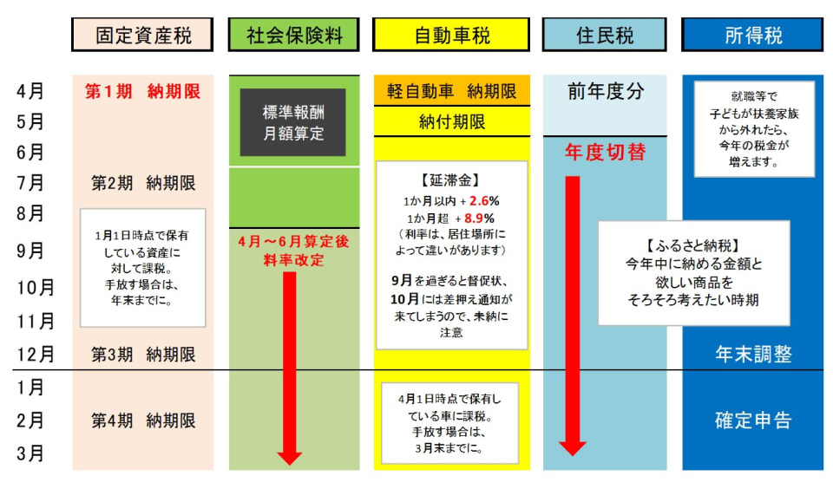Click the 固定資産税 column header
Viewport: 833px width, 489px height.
point(142,36)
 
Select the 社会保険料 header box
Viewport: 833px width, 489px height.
point(293,36)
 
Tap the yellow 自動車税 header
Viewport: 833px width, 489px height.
point(450,36)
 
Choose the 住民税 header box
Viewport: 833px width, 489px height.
point(605,36)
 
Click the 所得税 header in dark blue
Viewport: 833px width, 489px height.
point(752,36)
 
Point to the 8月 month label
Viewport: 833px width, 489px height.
point(32,213)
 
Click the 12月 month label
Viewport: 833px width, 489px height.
point(35,354)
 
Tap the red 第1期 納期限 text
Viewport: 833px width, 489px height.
point(143,90)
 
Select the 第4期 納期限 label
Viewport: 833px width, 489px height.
point(143,421)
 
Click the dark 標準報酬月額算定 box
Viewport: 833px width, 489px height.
point(292,122)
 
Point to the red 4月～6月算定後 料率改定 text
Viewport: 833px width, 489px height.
point(293,251)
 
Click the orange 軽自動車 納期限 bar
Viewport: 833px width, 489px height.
point(451,91)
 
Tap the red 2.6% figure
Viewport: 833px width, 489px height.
point(485,200)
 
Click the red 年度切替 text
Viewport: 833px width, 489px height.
point(606,153)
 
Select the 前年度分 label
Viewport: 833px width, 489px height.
point(606,91)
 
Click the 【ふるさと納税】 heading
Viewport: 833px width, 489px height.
point(693,245)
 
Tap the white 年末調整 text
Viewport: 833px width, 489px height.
point(753,354)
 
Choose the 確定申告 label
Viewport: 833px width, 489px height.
point(753,421)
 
